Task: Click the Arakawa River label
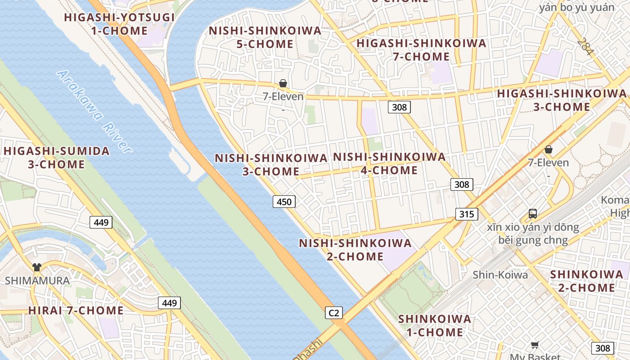(x=95, y=112)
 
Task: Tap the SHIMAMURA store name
(x=37, y=281)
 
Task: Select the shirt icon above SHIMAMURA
(x=37, y=267)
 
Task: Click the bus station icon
(x=533, y=214)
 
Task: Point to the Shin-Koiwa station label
(x=500, y=274)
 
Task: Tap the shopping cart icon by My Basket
(x=535, y=345)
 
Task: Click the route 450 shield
(x=284, y=202)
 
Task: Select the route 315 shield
(x=466, y=214)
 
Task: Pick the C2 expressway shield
(x=334, y=313)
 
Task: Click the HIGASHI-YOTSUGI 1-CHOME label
(x=119, y=24)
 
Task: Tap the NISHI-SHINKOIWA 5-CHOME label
(x=265, y=37)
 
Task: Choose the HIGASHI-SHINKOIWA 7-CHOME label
(x=421, y=50)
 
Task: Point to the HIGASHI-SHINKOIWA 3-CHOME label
(x=562, y=100)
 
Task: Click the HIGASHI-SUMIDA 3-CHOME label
(x=57, y=157)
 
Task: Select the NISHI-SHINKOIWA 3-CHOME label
(x=271, y=165)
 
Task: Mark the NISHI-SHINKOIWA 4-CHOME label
(x=389, y=163)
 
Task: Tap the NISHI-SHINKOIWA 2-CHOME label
(x=355, y=250)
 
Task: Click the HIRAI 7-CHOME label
(x=76, y=310)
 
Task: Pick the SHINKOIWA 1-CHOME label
(x=435, y=326)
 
